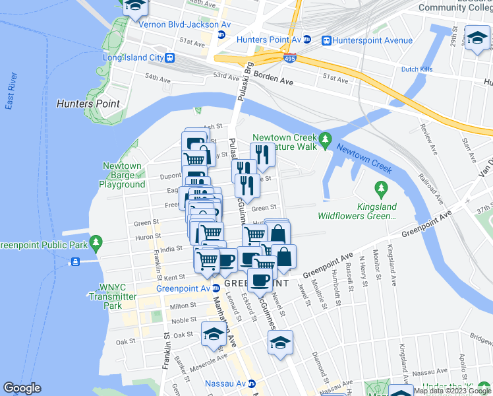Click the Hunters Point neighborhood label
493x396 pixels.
pos(88,104)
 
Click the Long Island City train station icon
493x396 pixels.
pos(171,57)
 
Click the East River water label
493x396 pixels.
pos(10,95)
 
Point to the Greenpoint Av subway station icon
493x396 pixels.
pos(216,288)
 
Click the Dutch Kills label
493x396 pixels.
pos(416,69)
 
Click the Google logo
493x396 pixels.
pos(22,387)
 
